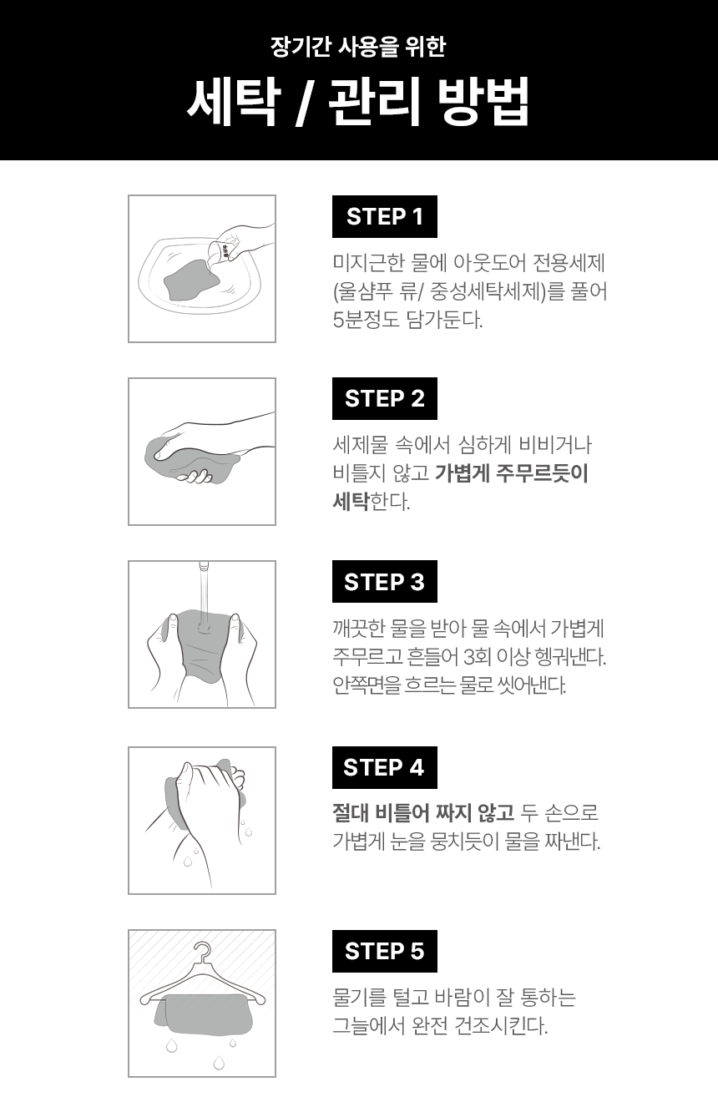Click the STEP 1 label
pyautogui.click(x=385, y=216)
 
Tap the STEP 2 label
pyautogui.click(x=385, y=398)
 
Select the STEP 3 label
pyautogui.click(x=385, y=582)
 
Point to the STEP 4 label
pyautogui.click(x=385, y=767)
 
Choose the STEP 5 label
pyautogui.click(x=385, y=951)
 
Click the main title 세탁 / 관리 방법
pyautogui.click(x=357, y=101)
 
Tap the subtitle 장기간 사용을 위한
pyautogui.click(x=357, y=46)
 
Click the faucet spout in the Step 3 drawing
pyautogui.click(x=204, y=567)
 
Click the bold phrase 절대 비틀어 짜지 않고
pyautogui.click(x=423, y=812)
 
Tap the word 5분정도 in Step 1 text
pyautogui.click(x=366, y=320)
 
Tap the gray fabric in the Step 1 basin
pyautogui.click(x=192, y=280)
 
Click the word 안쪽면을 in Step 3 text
pyautogui.click(x=367, y=685)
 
